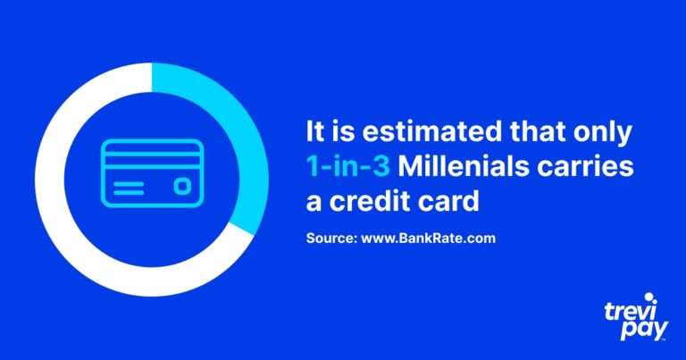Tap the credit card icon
point(152,172)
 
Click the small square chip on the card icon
point(182,187)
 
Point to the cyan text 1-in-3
point(347,167)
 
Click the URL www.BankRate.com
point(429,239)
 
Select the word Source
point(331,239)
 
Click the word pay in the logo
point(644,331)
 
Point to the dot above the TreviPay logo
point(648,297)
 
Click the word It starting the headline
point(314,131)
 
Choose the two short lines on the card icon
point(129,188)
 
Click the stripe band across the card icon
point(152,160)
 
